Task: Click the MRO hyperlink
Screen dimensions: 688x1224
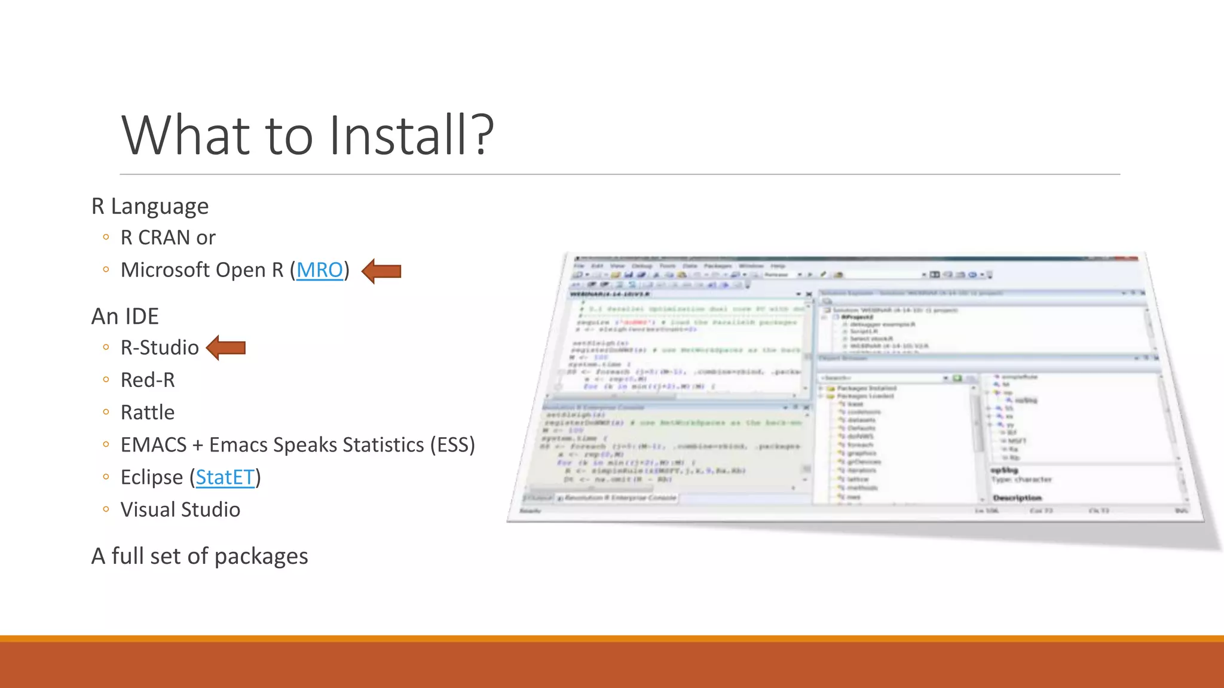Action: [x=320, y=270]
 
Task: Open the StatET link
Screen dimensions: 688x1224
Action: [x=225, y=477]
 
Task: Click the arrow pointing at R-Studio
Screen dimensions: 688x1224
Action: [x=227, y=348]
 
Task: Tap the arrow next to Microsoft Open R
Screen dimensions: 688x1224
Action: [x=382, y=271]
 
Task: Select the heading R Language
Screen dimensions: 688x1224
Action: [x=150, y=206]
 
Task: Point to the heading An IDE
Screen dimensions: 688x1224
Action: [x=125, y=316]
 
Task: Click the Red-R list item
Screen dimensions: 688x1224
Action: [x=148, y=380]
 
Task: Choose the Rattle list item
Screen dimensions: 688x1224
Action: [x=148, y=412]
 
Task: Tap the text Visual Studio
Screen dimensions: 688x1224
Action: [x=180, y=509]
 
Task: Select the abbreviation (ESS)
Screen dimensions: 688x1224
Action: [x=452, y=445]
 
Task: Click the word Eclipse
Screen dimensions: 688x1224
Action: [x=152, y=477]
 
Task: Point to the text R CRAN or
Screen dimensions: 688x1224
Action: [x=168, y=238]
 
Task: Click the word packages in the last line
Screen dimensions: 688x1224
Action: [x=261, y=557]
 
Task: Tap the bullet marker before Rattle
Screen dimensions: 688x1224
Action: [x=106, y=411]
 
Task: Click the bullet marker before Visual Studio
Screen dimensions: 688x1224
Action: [x=106, y=509]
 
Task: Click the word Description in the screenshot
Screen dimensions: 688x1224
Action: [x=1017, y=497]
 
